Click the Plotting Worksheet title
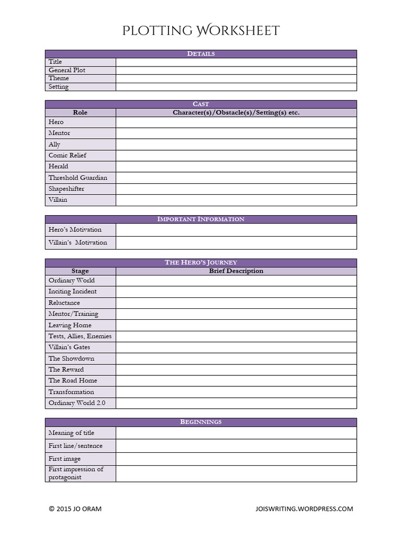201,30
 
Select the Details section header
201,54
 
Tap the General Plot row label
67,70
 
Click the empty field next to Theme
236,79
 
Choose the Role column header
80,113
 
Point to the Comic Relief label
68,155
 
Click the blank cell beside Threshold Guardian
236,178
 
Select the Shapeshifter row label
66,189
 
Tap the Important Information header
201,219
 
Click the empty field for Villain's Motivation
236,243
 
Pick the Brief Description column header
236,271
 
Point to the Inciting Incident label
73,292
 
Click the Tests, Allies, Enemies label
80,336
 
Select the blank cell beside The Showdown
236,359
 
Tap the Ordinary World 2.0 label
77,403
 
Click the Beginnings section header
201,422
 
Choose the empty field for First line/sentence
236,446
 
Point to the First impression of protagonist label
76,473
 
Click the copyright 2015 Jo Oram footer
75,509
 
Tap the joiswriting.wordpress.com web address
304,509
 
